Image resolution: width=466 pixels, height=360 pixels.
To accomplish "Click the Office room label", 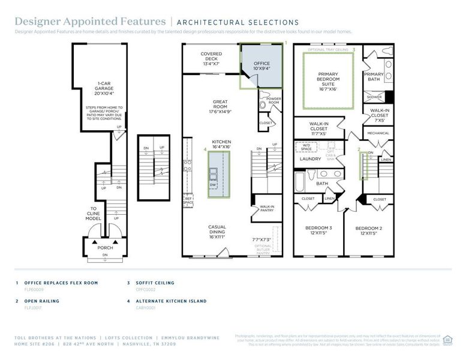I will point(261,66).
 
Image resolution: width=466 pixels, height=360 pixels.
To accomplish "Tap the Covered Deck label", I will point(211,59).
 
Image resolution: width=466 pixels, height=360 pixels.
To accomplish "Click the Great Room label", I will point(220,106).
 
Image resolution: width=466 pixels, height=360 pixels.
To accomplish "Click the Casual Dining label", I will point(217,231).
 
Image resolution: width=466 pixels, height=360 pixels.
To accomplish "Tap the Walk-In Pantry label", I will point(267,209).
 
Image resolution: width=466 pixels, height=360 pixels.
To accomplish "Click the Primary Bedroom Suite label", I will point(327,80).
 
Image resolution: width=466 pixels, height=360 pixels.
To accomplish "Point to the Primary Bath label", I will point(374,76).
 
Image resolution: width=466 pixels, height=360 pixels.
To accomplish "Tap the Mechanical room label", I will point(378,133).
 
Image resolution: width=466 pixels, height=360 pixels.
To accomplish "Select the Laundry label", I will point(310,159).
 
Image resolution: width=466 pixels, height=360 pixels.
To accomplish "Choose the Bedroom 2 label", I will point(368,230).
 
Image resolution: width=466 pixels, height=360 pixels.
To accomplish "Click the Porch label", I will point(106,247).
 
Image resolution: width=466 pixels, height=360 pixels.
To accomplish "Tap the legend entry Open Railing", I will point(41,301).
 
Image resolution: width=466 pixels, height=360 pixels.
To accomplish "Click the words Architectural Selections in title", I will point(237,23).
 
